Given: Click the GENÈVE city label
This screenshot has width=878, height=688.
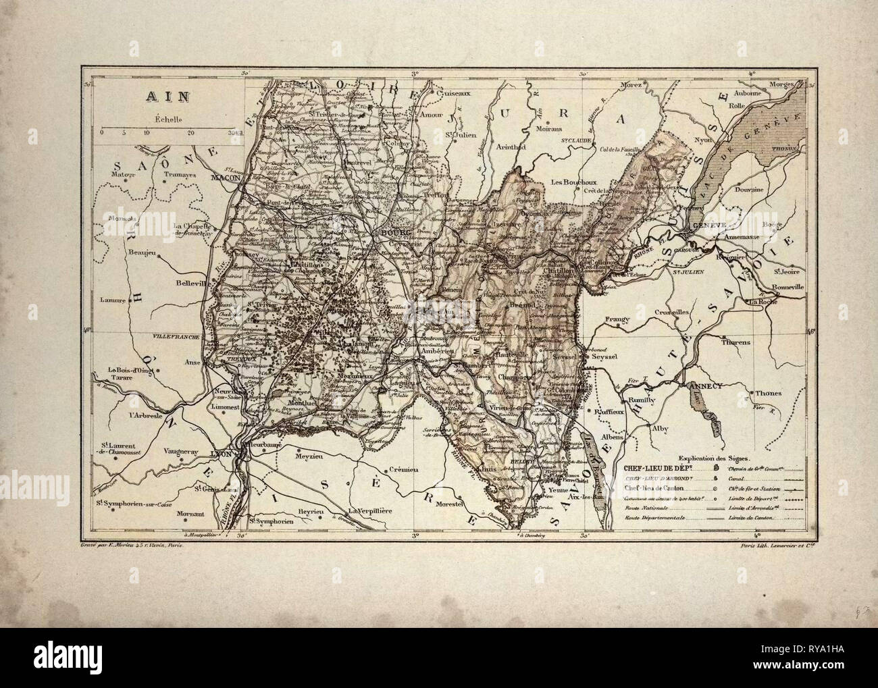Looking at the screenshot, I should click(704, 225).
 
